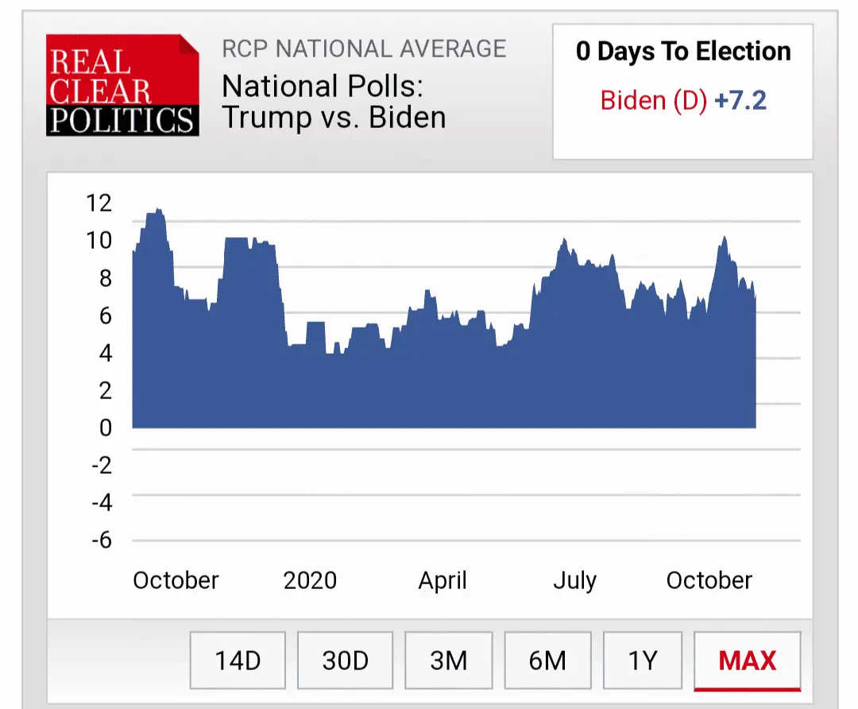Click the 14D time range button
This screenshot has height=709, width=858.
click(238, 661)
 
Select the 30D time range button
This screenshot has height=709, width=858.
click(346, 661)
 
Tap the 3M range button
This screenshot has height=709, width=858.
click(449, 661)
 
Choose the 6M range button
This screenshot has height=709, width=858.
click(547, 661)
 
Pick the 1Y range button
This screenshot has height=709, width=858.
click(643, 661)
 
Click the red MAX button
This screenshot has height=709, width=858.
click(748, 661)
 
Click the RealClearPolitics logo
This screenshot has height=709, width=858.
click(122, 85)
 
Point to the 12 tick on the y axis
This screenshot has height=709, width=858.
click(99, 203)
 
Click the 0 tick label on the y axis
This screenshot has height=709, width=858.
click(106, 428)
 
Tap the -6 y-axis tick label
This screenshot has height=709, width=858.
click(102, 540)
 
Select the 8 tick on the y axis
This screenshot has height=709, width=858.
click(106, 278)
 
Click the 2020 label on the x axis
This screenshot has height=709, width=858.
click(310, 580)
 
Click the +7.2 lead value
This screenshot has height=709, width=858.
click(740, 101)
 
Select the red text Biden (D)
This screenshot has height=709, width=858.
click(653, 101)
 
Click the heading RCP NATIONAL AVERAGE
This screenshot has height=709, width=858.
click(364, 48)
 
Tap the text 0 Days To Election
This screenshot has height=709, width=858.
click(683, 52)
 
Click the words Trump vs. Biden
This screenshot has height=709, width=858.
click(334, 117)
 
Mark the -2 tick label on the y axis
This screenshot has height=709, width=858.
click(102, 465)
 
